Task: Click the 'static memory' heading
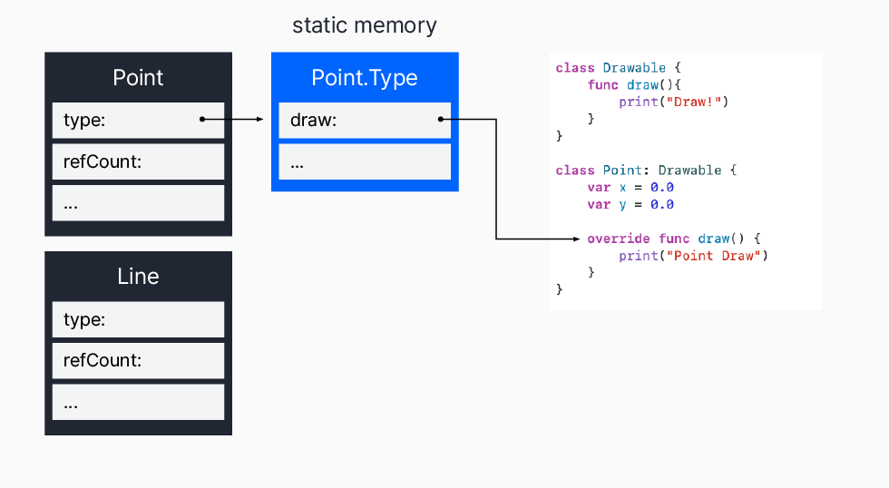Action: coord(364,25)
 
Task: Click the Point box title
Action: coord(138,77)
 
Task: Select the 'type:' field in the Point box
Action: coord(138,120)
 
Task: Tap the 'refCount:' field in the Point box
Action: coord(138,161)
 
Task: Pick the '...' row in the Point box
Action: coord(138,203)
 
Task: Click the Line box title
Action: coord(138,277)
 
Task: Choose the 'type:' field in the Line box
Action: coord(138,319)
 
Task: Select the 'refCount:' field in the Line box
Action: coord(138,360)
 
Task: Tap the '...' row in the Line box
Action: coord(138,402)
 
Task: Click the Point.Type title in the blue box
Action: coord(365,77)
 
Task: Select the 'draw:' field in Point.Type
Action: coord(365,120)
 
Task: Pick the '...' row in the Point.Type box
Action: coord(365,161)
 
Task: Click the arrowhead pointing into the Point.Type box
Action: coord(259,119)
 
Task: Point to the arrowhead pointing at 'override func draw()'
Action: coord(575,239)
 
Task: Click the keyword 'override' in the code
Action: coord(619,239)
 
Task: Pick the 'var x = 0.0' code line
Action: coord(630,188)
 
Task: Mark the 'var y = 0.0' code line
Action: coord(630,204)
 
